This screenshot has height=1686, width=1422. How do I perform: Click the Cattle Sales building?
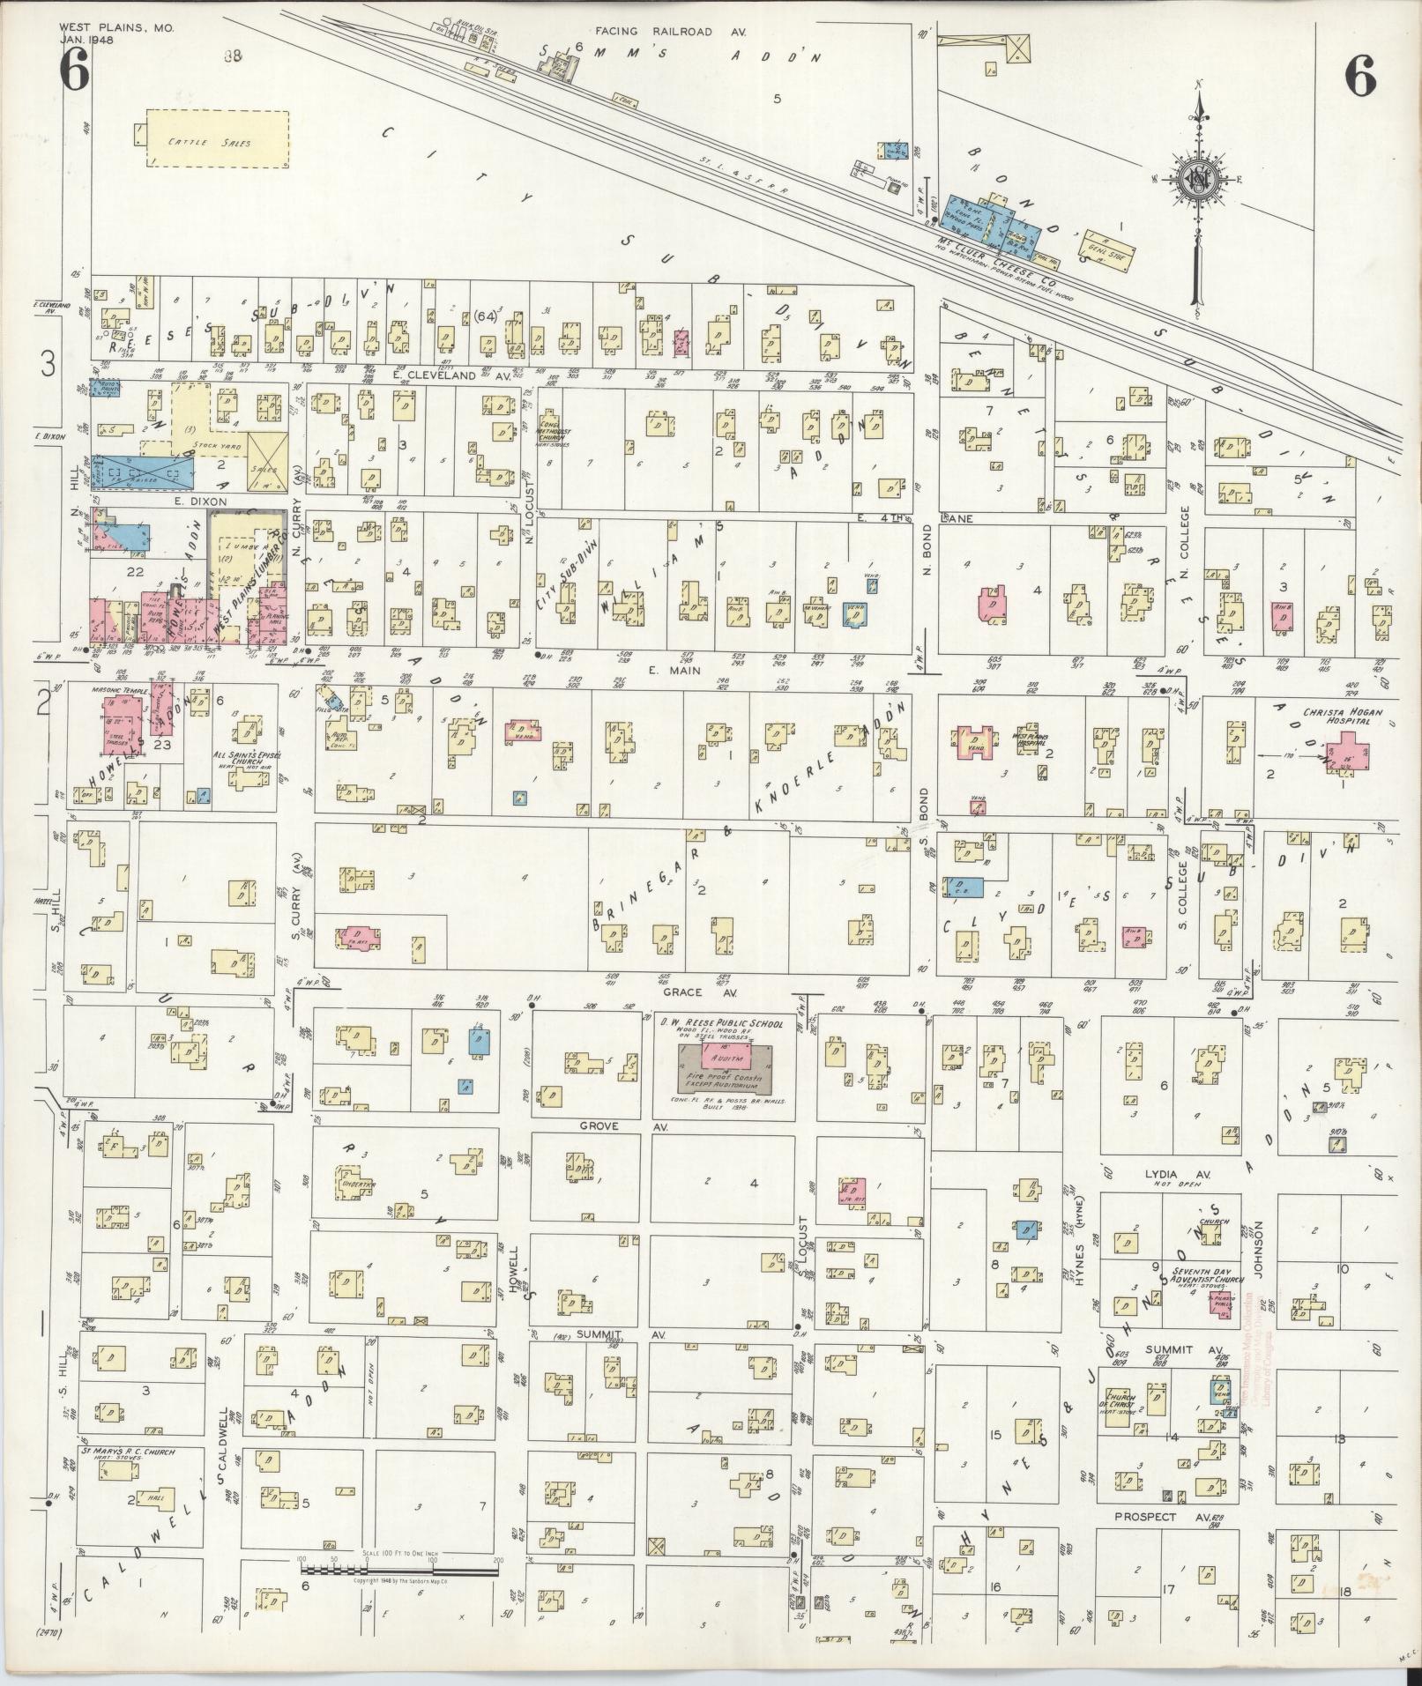click(218, 139)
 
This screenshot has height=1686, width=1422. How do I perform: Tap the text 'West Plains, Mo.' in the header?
click(117, 28)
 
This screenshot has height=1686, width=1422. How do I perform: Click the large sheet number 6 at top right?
click(1359, 78)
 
